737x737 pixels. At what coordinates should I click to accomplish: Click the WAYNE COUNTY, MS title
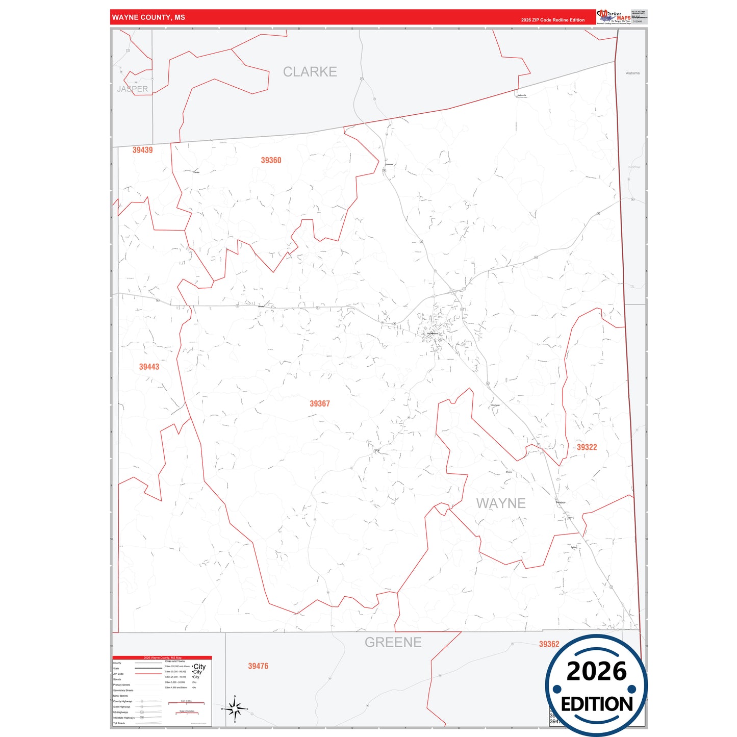(x=148, y=17)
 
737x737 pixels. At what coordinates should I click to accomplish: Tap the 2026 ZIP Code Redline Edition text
(x=552, y=20)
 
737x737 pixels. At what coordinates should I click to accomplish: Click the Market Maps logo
(x=614, y=17)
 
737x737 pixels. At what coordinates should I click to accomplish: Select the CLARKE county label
(x=310, y=72)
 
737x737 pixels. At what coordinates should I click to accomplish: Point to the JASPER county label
(x=133, y=89)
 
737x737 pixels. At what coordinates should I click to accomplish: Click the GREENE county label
(x=393, y=642)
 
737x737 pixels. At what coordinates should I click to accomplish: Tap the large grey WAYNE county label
(x=500, y=503)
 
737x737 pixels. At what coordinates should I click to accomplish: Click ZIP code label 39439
(x=142, y=150)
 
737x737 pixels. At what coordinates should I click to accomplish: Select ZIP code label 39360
(x=271, y=160)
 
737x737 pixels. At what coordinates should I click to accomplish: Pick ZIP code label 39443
(x=149, y=367)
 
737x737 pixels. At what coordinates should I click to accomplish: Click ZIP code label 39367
(x=320, y=403)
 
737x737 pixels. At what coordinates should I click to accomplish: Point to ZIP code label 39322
(x=587, y=447)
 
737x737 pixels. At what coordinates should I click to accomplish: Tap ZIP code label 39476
(x=258, y=666)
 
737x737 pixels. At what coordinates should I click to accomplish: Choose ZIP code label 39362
(x=549, y=644)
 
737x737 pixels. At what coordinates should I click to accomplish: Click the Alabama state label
(x=632, y=73)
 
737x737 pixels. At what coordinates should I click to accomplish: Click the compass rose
(x=235, y=708)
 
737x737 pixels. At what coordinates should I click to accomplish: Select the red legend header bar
(x=162, y=658)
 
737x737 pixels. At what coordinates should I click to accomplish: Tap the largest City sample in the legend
(x=199, y=667)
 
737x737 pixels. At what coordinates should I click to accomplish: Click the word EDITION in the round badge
(x=597, y=704)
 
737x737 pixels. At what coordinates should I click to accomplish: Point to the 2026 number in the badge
(x=596, y=672)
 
